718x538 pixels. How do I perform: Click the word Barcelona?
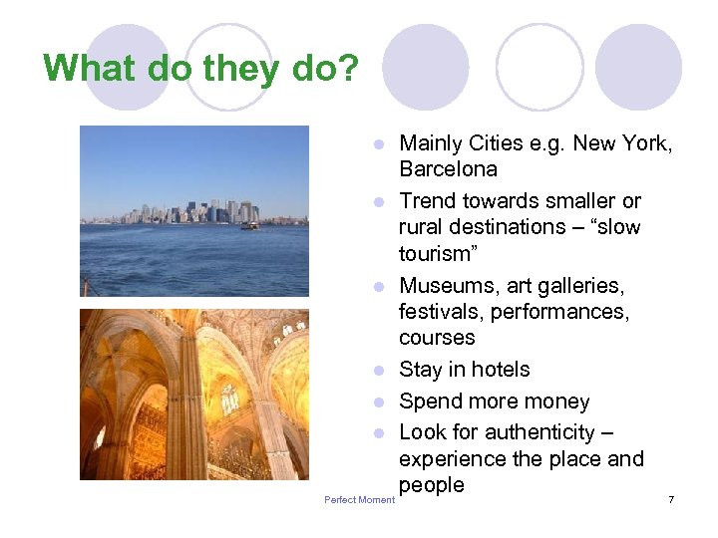point(448,168)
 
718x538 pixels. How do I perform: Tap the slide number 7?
point(671,499)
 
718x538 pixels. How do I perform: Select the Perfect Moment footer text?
point(359,499)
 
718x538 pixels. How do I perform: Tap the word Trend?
point(429,200)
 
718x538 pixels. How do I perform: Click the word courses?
point(437,338)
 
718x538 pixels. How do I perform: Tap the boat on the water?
point(249,225)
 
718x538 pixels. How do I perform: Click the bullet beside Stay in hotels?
point(379,371)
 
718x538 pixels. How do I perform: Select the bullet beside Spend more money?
point(379,403)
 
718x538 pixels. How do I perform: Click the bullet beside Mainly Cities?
point(379,145)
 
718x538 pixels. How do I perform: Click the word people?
point(432,485)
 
